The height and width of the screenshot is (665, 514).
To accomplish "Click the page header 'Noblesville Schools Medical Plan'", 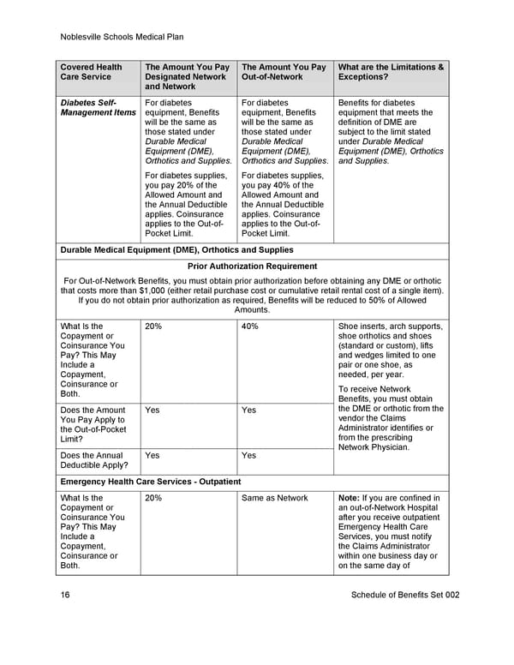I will tap(123, 37).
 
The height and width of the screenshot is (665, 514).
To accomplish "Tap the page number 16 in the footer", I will tap(65, 595).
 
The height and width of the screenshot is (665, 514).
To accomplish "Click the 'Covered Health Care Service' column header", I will tap(91, 72).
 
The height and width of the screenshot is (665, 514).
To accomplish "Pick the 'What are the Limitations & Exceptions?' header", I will tap(391, 72).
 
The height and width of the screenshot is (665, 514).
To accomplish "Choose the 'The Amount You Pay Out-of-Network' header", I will tap(284, 72).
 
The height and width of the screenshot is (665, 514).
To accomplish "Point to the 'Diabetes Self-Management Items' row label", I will tap(98, 107).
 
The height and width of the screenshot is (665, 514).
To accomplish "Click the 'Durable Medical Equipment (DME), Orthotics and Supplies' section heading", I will tap(176, 250).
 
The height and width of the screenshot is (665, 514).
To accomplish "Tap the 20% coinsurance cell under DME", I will tap(154, 327).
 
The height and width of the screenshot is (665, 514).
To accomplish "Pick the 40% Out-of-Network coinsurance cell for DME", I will tap(250, 327).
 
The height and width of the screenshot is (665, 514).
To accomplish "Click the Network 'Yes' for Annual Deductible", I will tap(152, 456).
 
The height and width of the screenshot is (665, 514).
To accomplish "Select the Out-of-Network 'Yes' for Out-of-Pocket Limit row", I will tap(248, 410).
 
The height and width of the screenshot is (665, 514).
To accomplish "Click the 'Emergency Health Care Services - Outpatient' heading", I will tap(151, 482).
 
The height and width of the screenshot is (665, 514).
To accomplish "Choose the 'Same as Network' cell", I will tap(274, 498).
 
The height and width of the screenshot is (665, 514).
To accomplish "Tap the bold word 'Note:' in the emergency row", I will tap(351, 498).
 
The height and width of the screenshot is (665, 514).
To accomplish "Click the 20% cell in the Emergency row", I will tap(154, 498).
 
